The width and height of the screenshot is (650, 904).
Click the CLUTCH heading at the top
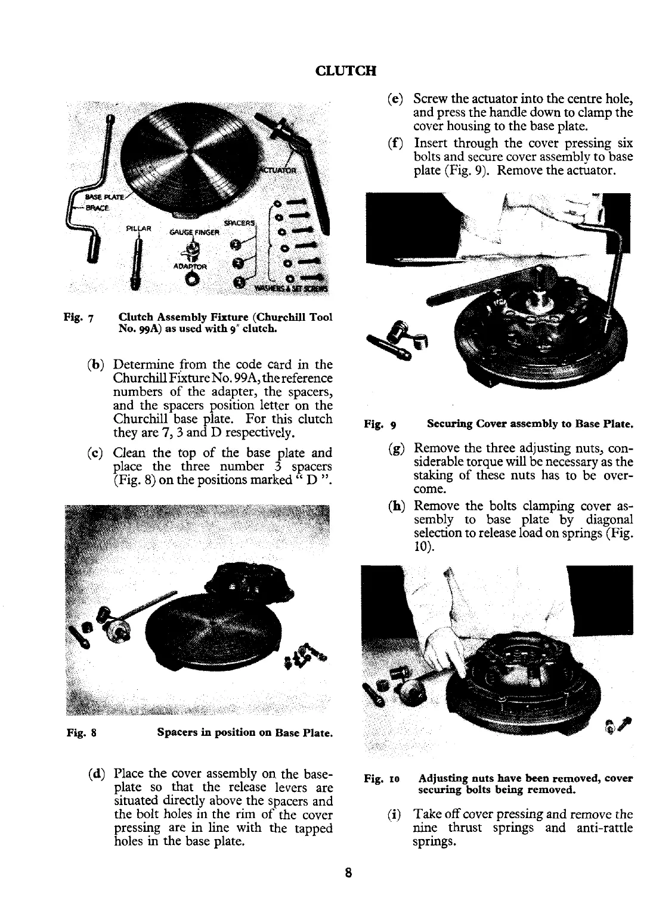pos(346,71)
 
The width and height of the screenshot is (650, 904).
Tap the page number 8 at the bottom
pos(348,873)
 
